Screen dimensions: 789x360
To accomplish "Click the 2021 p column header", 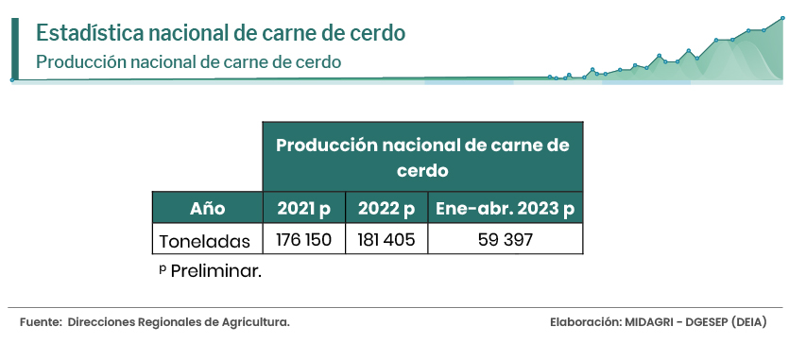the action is coord(304,208).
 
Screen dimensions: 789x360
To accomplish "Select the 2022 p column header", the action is coord(386,208).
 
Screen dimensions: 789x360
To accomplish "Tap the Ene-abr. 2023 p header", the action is coord(506,208).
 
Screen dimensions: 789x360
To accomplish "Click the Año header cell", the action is coord(207,208).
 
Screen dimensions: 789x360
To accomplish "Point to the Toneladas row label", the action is coord(205,241).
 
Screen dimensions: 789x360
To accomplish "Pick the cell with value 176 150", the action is coord(304,239).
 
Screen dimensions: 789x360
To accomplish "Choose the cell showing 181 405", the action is coord(386,239).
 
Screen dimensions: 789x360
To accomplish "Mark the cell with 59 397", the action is coord(506,239).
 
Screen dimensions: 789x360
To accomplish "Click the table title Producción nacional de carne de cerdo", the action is coord(422,157).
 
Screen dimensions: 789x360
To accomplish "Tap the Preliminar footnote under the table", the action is coord(211,271).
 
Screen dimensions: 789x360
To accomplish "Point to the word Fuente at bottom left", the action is coord(40,322).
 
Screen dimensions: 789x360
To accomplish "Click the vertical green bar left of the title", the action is coord(15,49).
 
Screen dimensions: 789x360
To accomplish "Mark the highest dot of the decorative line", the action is coord(782,18).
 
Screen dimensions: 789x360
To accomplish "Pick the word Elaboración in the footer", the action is coord(586,322).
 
